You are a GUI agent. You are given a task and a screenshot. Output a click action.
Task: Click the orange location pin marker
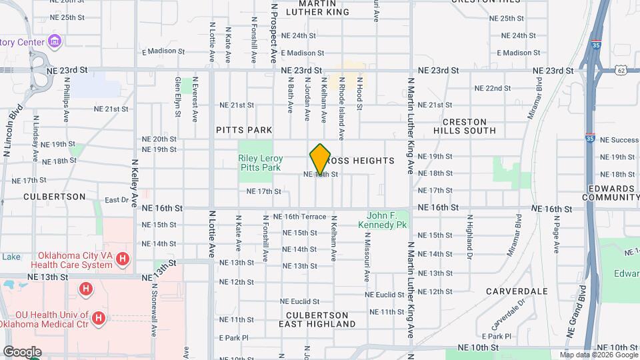[321, 159]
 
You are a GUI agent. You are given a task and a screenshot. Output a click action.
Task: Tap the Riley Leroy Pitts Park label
[261, 163]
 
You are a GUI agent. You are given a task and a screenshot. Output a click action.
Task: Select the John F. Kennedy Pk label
[387, 221]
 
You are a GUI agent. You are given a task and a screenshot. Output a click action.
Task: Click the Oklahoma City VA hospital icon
[122, 259]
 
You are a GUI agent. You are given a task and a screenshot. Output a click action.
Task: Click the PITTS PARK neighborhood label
[235, 130]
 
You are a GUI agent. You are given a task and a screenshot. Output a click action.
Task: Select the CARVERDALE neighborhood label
[517, 291]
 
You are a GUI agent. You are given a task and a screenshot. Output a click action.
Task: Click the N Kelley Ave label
[134, 183]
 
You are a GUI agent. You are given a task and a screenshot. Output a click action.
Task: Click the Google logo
[21, 351]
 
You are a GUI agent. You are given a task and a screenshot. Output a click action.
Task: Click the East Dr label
[116, 199]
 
